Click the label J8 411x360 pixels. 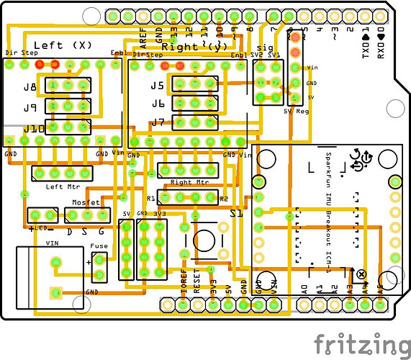click(30, 88)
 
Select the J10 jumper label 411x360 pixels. click(32, 129)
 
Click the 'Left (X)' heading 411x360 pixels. click(63, 45)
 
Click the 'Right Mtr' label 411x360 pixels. click(186, 182)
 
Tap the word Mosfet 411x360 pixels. click(86, 204)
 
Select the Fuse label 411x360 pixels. click(99, 246)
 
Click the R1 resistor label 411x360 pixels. click(151, 198)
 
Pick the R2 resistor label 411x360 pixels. click(223, 198)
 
